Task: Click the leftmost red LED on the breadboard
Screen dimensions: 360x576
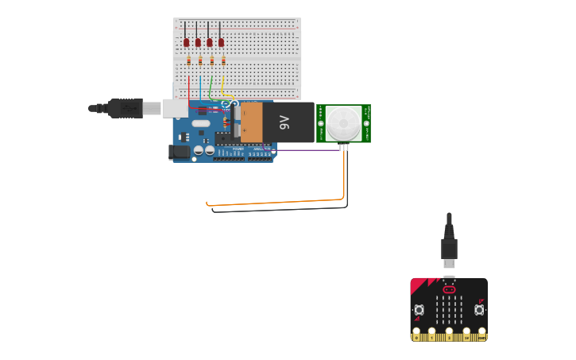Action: pos(186,42)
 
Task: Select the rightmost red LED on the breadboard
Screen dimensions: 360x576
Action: pos(221,42)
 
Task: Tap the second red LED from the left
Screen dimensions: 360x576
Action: pos(198,42)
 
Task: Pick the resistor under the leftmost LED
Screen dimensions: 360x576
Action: pos(188,60)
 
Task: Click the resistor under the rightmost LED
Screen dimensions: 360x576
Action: pos(223,60)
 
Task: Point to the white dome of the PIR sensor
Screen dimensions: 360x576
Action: pos(343,123)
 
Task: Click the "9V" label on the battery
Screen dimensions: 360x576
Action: pos(284,122)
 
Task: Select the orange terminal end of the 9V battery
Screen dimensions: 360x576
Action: pos(251,122)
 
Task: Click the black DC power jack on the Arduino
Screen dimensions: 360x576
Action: pos(180,151)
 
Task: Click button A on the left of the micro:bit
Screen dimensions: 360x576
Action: pos(419,309)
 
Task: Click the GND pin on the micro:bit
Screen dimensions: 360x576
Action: pos(482,332)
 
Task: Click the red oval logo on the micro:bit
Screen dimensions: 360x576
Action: pos(449,290)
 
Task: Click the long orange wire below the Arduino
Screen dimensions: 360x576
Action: pos(278,202)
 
